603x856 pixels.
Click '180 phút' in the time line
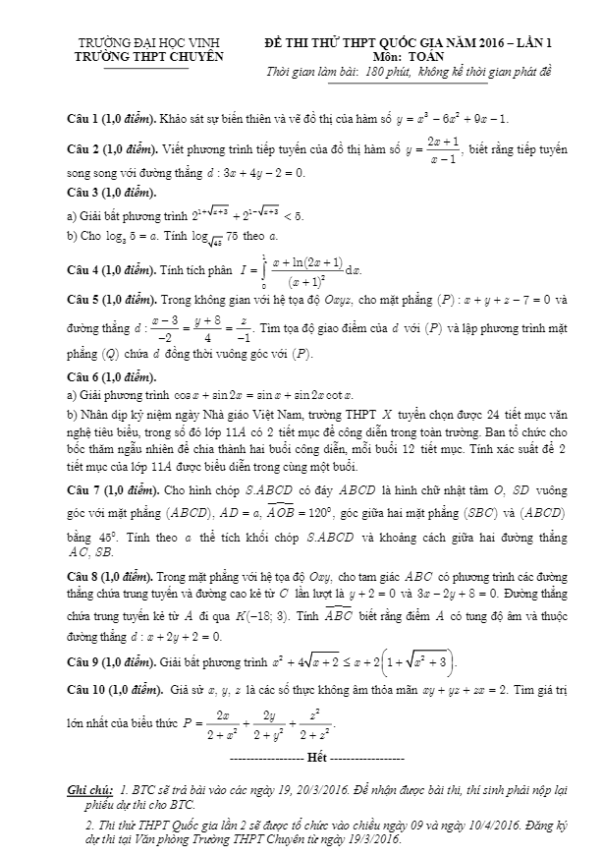pyautogui.click(x=390, y=73)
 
